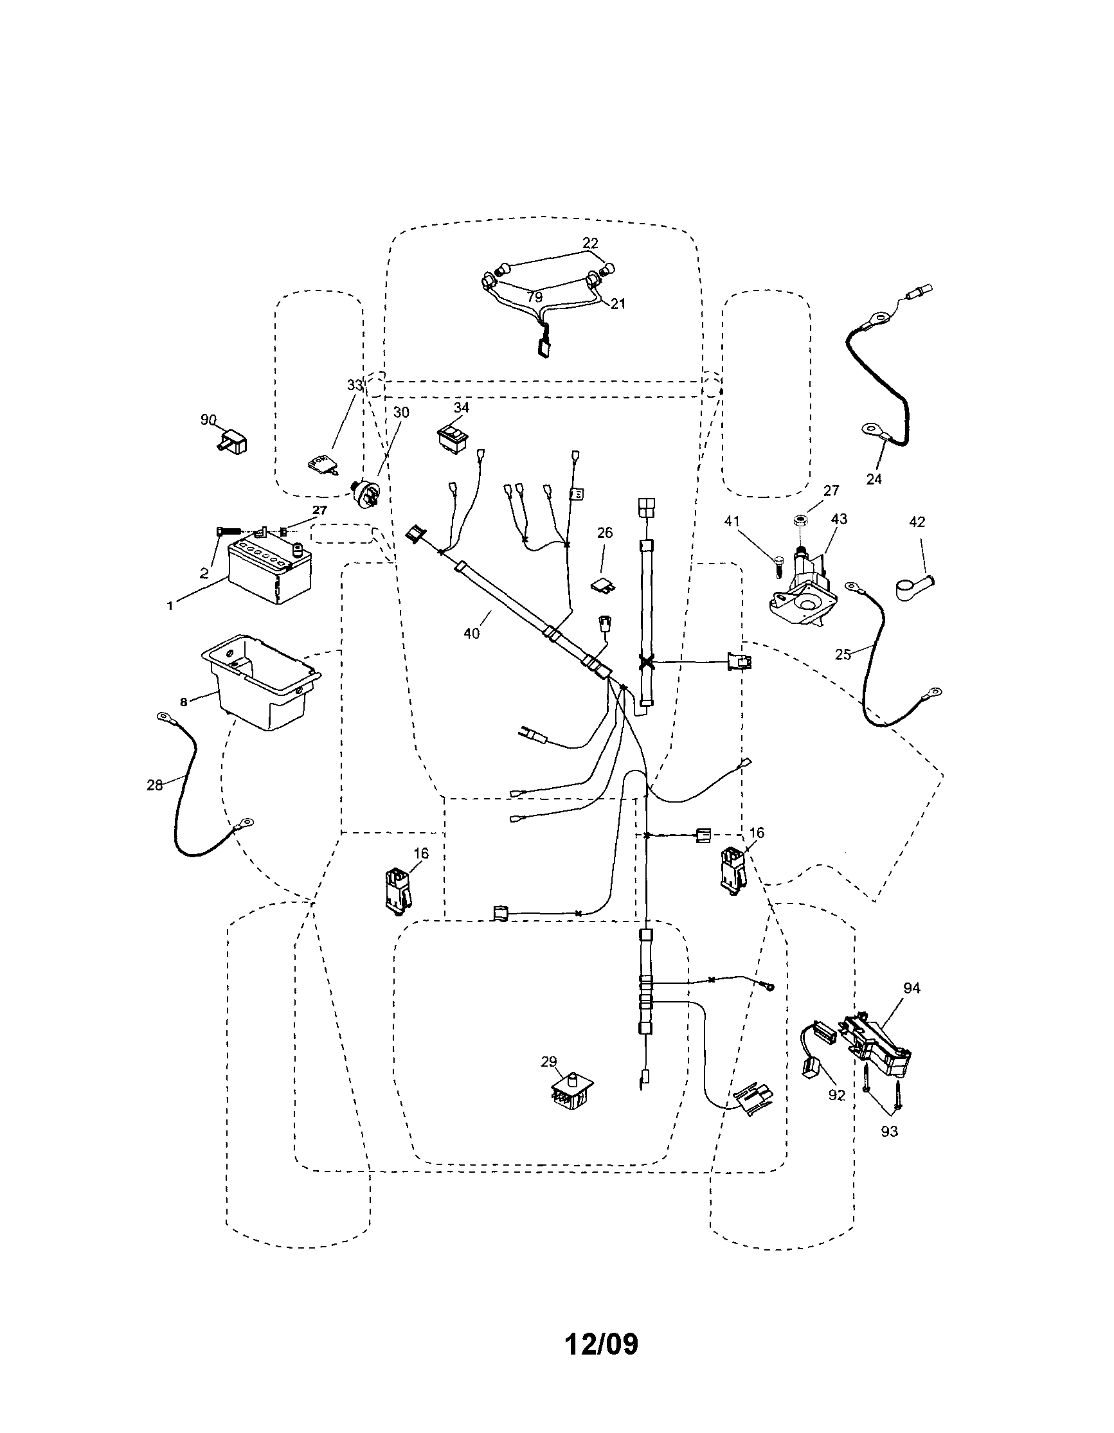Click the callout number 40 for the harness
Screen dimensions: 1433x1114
point(472,633)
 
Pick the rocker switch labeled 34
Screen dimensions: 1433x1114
point(453,436)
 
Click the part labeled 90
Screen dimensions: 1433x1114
point(231,439)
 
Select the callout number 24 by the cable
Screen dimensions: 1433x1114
point(874,479)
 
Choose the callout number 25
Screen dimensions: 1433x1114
point(843,654)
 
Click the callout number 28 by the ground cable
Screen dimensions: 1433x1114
point(155,785)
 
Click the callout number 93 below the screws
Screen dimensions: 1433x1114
point(890,1131)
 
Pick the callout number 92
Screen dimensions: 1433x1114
point(836,1094)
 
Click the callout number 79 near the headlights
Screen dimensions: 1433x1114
point(534,298)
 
